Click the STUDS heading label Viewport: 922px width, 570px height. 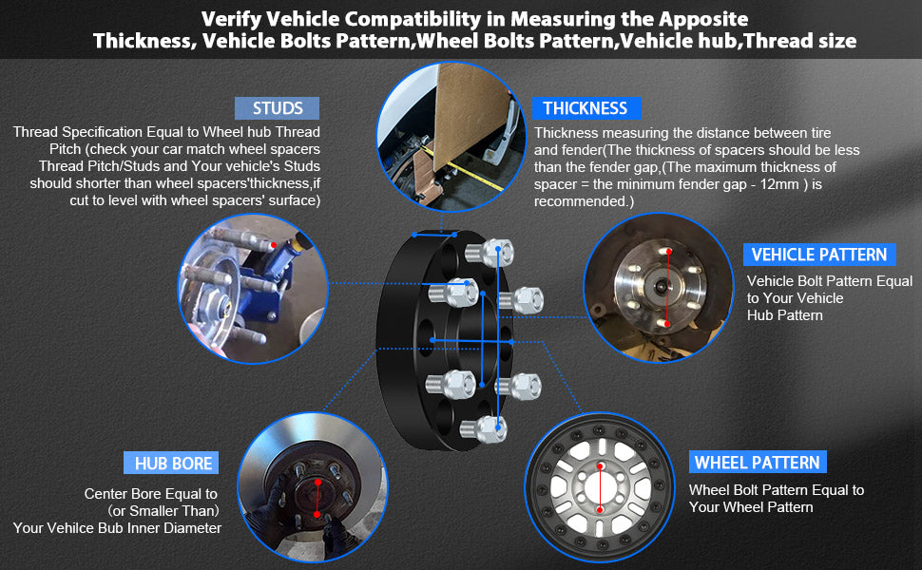(277, 108)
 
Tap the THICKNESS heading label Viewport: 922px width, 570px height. (586, 108)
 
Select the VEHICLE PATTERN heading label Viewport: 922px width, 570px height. (819, 255)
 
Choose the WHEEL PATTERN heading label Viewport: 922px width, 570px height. (758, 463)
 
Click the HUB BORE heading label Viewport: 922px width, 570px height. (172, 463)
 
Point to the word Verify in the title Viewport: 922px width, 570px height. (230, 19)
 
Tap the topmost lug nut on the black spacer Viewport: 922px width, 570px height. (490, 254)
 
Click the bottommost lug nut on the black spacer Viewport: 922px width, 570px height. (484, 428)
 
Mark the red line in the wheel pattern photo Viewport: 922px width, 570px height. (601, 487)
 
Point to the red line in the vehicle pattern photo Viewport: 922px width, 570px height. (668, 287)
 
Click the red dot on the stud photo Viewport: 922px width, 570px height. (274, 244)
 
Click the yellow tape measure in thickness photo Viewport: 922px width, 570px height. (465, 169)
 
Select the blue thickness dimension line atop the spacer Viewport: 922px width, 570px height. (434, 235)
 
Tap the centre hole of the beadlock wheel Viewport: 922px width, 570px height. (601, 487)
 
